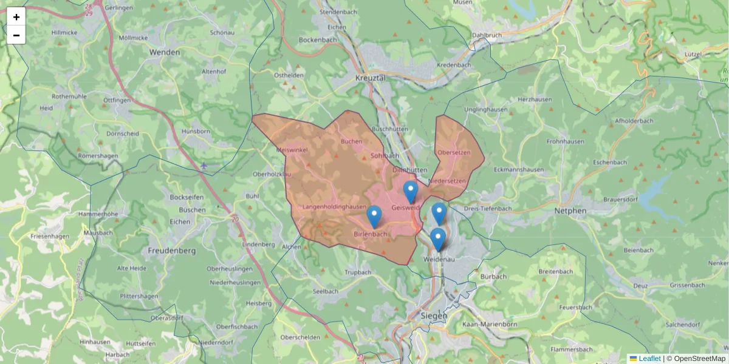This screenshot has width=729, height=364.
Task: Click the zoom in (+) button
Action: [16, 17]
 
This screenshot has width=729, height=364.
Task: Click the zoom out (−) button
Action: [16, 35]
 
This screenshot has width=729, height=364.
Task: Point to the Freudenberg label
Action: [171, 250]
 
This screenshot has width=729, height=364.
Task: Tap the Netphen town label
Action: [570, 211]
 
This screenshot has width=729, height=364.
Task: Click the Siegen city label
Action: [434, 315]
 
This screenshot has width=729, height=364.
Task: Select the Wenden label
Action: [164, 52]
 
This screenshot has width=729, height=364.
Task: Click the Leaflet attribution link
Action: [649, 359]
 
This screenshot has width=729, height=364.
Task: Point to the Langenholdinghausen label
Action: [334, 207]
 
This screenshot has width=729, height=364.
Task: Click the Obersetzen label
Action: [454, 153]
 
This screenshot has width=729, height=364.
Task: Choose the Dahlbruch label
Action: [487, 35]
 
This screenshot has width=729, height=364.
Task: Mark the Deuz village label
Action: [640, 285]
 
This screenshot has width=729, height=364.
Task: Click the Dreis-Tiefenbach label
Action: [487, 209]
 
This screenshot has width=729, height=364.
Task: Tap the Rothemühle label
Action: [70, 96]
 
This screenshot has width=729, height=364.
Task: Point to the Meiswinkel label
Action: [292, 149]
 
